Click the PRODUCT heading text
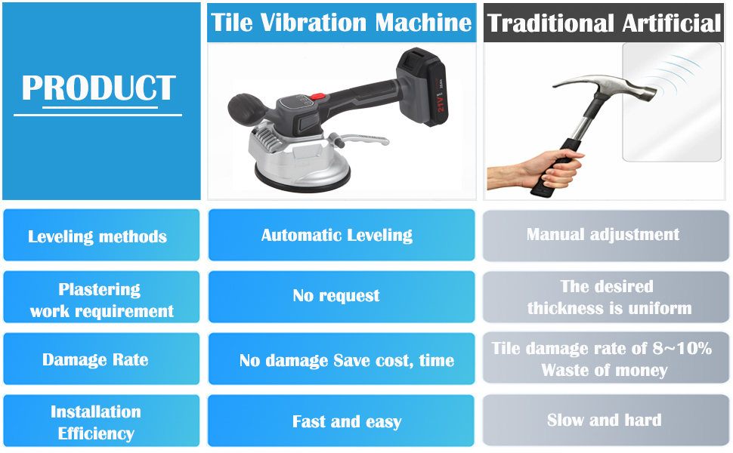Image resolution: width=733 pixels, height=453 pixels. point(99,88)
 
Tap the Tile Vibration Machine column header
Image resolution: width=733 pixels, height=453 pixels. point(342,23)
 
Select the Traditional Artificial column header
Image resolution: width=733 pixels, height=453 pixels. point(604,23)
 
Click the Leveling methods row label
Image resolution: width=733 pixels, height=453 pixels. point(97,236)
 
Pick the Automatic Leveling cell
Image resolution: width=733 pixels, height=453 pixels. point(337,235)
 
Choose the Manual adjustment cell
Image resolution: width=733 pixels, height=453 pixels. point(603,235)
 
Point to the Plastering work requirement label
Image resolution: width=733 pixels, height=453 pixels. point(101,300)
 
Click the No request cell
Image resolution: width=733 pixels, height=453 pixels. point(336,296)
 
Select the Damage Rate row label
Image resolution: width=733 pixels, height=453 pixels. point(95,359)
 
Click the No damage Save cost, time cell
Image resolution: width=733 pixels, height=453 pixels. point(346,360)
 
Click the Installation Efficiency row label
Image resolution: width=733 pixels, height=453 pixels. point(96,422)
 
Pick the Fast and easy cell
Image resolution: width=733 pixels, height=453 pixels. point(347,422)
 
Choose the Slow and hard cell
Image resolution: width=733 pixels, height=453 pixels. point(605,420)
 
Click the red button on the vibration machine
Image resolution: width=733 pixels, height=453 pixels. point(318,96)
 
